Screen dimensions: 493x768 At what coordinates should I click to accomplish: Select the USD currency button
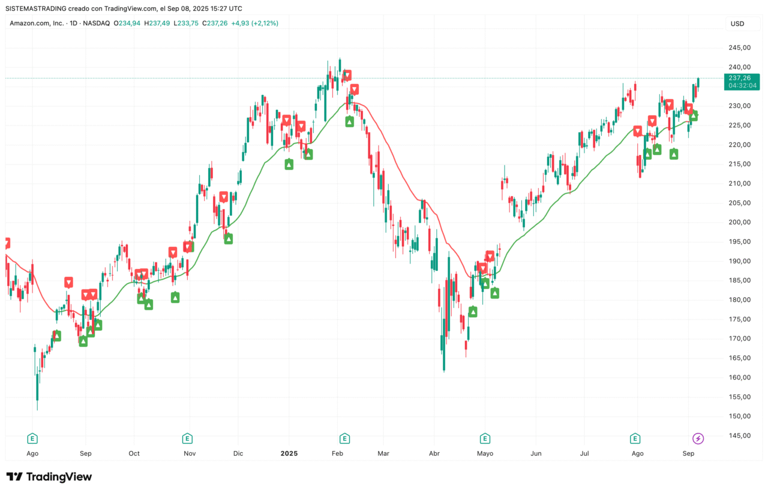(x=737, y=23)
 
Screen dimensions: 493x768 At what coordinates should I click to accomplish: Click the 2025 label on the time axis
(x=289, y=453)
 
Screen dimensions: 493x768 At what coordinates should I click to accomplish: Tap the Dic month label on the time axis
(x=238, y=453)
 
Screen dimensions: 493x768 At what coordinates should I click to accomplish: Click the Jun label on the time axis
(x=536, y=453)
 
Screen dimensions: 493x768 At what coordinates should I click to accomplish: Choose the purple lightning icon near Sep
(x=698, y=438)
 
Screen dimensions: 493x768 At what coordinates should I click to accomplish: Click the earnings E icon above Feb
(x=344, y=438)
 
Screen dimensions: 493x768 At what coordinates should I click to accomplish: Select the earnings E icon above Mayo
(x=485, y=438)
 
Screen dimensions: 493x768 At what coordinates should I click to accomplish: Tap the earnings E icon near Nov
(x=187, y=438)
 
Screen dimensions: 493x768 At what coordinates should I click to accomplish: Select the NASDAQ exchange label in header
(x=97, y=23)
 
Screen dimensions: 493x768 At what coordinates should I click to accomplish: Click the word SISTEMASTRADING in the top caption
(x=38, y=8)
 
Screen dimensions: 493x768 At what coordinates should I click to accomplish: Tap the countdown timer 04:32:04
(x=743, y=86)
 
